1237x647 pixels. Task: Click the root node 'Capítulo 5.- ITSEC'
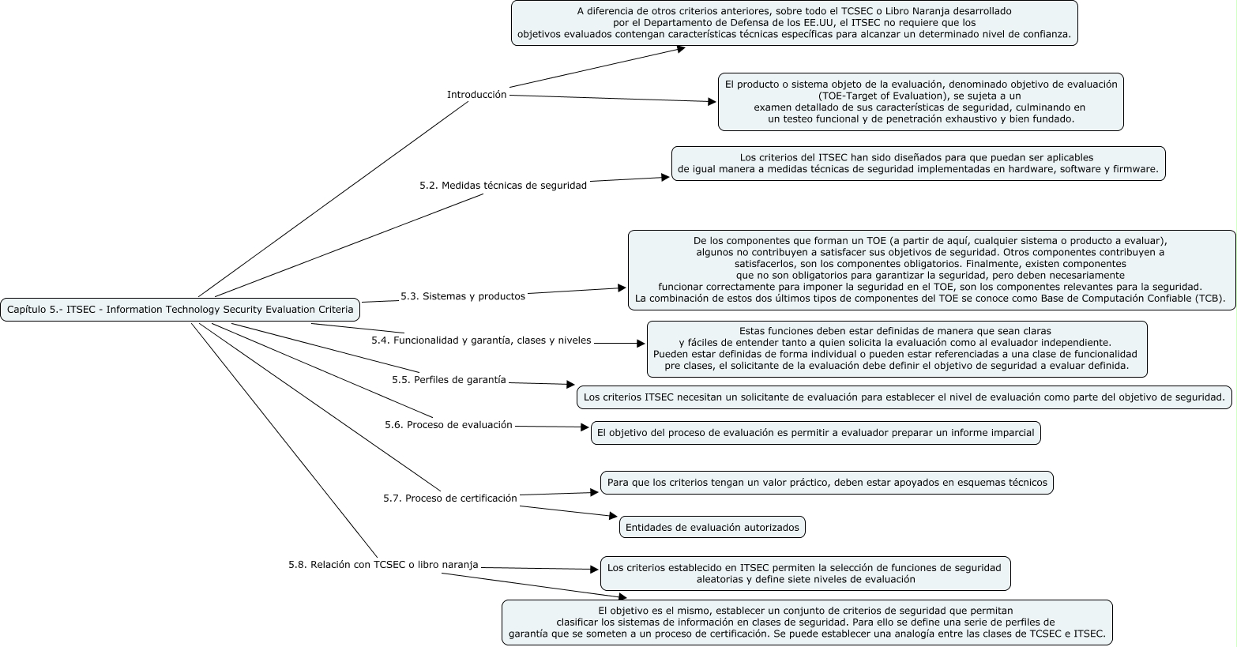click(x=180, y=310)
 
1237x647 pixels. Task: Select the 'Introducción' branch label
click(x=476, y=94)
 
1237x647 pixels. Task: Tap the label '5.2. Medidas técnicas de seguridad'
click(x=503, y=186)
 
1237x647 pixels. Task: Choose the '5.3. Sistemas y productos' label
click(x=462, y=296)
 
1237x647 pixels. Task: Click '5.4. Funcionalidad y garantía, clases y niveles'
click(x=481, y=340)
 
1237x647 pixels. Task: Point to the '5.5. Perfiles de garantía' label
click(x=449, y=379)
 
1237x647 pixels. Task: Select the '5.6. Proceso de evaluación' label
click(x=449, y=425)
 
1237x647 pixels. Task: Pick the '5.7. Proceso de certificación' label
click(x=449, y=498)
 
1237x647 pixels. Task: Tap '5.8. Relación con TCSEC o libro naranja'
click(x=383, y=565)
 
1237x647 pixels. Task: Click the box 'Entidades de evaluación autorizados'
click(x=712, y=527)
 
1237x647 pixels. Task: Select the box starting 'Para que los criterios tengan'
click(x=826, y=482)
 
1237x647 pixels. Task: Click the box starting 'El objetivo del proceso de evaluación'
click(x=815, y=433)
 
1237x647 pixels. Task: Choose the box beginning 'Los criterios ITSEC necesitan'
click(x=904, y=397)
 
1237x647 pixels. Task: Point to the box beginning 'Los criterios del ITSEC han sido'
click(x=918, y=164)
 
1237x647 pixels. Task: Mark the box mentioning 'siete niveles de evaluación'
click(x=805, y=574)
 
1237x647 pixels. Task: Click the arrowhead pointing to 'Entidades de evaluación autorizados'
click(x=612, y=516)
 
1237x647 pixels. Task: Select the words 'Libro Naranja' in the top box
click(x=979, y=11)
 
